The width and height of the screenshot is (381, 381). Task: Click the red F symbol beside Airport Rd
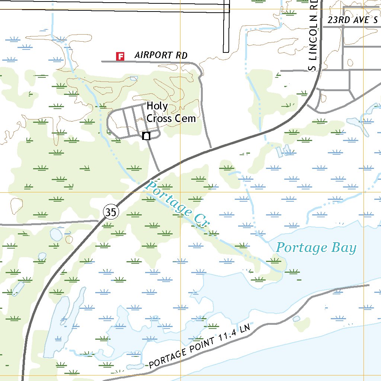click(120, 56)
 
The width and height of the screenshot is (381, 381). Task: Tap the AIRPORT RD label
click(161, 55)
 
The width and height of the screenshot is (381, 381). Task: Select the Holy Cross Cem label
click(171, 112)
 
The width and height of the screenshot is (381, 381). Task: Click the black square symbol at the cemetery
click(146, 136)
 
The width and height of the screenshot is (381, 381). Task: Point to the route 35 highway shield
click(111, 212)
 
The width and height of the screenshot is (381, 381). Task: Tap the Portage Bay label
click(316, 248)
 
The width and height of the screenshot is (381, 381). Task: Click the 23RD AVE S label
click(352, 20)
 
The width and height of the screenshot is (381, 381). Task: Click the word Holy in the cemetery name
click(157, 106)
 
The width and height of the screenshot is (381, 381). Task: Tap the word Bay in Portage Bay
click(344, 248)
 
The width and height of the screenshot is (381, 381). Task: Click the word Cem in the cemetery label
click(187, 118)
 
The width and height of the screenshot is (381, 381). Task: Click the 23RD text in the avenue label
click(339, 20)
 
